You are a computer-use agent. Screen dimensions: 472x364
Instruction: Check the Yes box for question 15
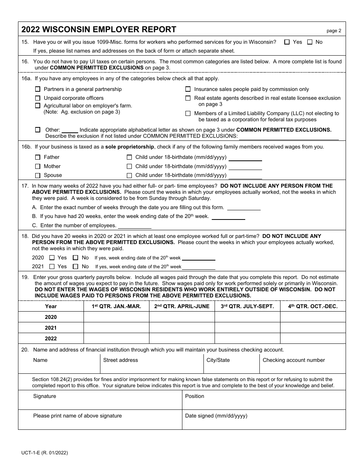coord(287,42)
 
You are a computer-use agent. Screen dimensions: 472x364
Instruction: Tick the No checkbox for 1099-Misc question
coord(310,42)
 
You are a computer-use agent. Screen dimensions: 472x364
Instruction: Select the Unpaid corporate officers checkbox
coord(38,98)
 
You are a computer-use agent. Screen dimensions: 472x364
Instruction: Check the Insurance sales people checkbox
coord(188,89)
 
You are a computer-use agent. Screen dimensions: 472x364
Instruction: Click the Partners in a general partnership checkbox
coord(38,89)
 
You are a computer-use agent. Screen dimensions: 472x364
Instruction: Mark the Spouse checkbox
coord(38,175)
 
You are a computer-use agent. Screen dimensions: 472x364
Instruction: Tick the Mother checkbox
coord(38,167)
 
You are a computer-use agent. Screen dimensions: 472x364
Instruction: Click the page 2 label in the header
coord(334,31)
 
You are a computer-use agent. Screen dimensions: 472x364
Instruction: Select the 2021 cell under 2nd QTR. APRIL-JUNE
coord(182,328)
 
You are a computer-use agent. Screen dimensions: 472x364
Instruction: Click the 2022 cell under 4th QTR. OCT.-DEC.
coord(313,338)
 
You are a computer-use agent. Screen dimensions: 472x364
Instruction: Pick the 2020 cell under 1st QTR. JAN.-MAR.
coord(116,317)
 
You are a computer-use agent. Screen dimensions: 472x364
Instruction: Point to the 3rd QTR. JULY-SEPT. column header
coord(247,306)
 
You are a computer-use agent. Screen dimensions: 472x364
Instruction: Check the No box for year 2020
coord(75,258)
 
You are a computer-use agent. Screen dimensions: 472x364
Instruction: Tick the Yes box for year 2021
coord(52,266)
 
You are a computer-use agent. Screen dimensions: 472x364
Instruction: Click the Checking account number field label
coord(293,360)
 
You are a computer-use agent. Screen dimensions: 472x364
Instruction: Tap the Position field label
coord(195,396)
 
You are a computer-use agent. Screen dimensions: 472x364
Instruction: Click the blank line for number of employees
coord(134,226)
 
